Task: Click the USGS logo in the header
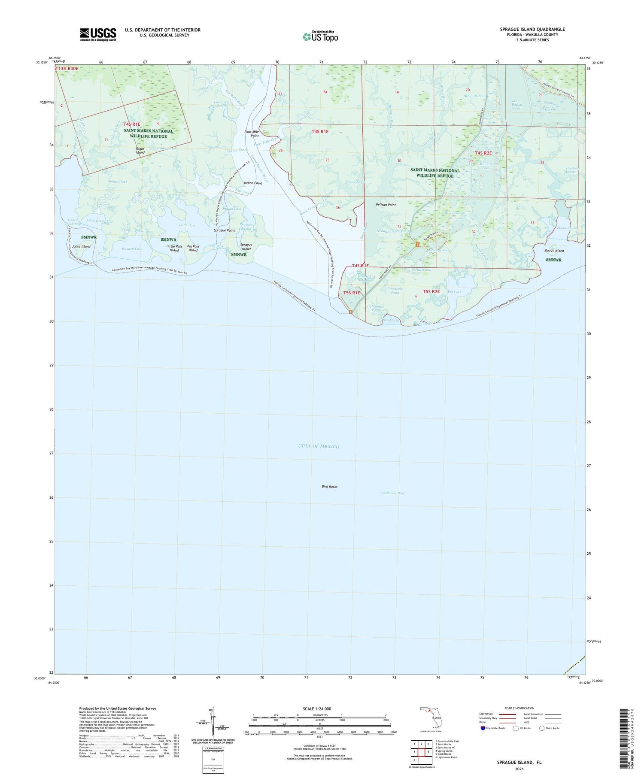pos(98,34)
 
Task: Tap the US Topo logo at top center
pos(320,36)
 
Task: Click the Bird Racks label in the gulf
pos(329,487)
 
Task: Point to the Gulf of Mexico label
pos(319,446)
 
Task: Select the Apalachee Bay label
pos(392,493)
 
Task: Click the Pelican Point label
pos(386,205)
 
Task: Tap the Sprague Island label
pos(246,247)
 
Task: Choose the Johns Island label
pos(81,247)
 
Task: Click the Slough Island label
pos(554,251)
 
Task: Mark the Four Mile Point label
pos(252,133)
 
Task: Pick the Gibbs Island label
pos(140,150)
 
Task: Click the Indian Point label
pos(253,183)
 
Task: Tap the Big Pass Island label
pos(193,248)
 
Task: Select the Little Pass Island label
pos(174,248)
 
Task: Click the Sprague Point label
pos(224,230)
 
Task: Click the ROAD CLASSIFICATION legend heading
pos(519,708)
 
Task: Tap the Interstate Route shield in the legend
pos(483,728)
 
